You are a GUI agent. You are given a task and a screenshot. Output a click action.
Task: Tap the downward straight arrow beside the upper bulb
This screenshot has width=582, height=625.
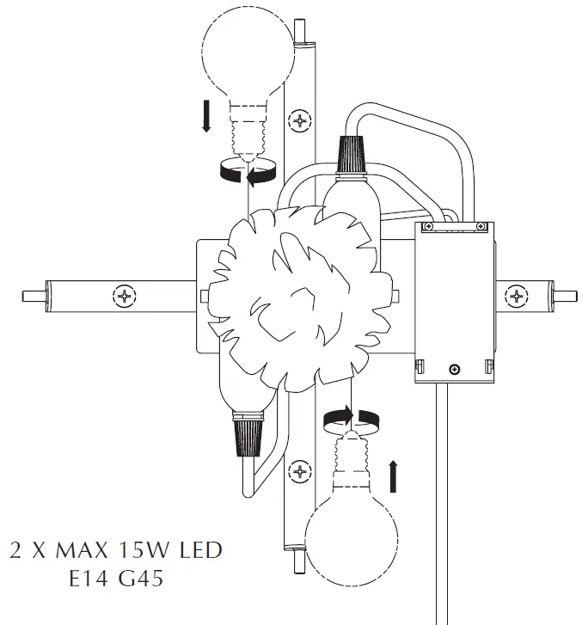point(206,116)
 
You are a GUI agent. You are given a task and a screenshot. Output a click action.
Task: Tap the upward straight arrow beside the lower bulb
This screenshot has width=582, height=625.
point(394,475)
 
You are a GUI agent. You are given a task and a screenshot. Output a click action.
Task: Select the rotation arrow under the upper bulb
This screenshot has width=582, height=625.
point(248,171)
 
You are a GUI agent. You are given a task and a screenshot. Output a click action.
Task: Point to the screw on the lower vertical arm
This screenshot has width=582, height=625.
point(299,470)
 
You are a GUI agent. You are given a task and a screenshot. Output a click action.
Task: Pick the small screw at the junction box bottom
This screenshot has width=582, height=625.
point(454,370)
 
